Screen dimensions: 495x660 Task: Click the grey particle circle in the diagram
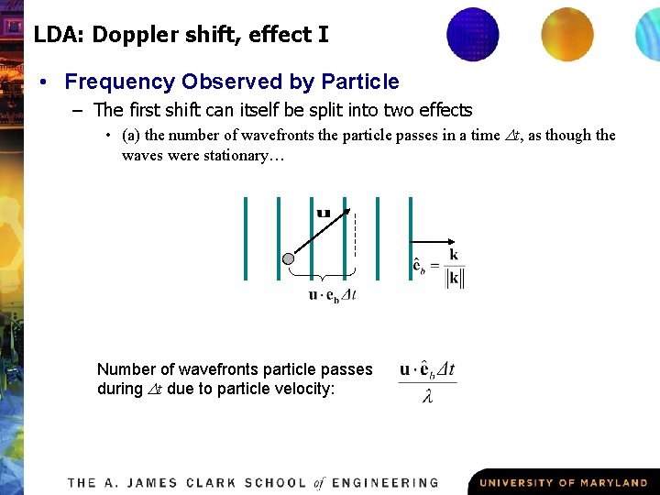290,258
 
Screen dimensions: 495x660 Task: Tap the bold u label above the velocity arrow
324,214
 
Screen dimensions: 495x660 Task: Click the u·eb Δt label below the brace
332,294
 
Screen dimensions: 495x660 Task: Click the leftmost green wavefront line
246,237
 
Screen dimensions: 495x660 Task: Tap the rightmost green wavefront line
411,237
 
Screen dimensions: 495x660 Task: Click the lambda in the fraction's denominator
428,396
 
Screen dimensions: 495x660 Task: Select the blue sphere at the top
473,33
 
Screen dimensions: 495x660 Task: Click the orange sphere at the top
567,34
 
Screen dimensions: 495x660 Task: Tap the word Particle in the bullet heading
360,82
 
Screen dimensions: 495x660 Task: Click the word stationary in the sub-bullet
225,155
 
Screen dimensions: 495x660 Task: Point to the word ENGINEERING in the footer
385,482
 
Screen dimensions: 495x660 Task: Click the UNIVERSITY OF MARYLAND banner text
563,482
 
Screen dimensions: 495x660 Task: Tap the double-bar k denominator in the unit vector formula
454,279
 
